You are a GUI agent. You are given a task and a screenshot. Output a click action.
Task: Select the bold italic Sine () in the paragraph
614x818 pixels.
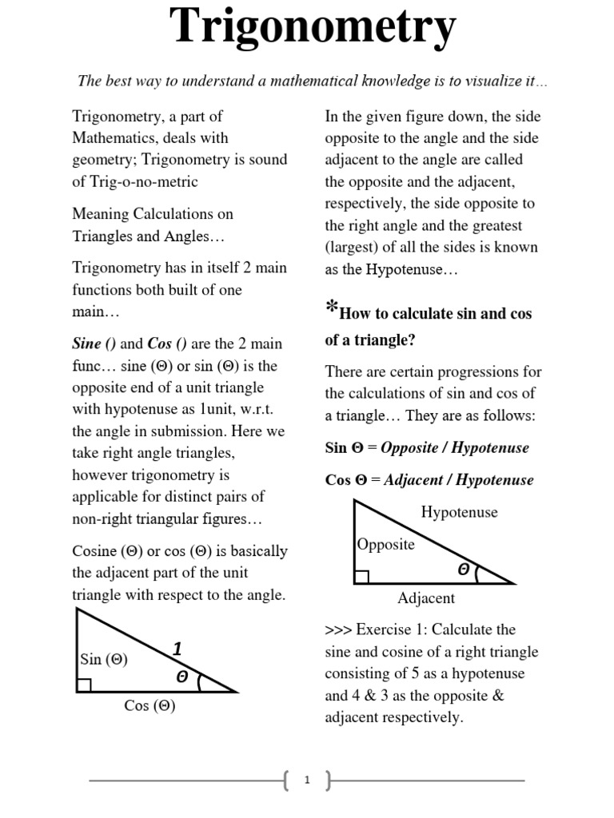tap(94, 344)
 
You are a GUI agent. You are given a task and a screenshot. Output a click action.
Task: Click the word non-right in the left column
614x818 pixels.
tap(101, 518)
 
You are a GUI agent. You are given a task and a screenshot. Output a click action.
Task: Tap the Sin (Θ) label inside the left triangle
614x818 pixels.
tap(104, 659)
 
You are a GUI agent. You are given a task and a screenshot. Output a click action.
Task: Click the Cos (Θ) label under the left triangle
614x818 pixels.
tap(150, 705)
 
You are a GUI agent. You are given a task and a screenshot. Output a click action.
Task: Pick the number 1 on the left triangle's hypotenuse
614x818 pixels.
tap(177, 649)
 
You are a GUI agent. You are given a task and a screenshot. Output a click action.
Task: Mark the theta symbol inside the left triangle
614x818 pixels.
tap(181, 677)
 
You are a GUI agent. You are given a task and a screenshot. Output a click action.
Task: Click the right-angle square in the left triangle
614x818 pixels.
tap(84, 685)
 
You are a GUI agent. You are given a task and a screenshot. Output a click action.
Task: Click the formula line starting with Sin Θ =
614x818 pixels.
tap(427, 447)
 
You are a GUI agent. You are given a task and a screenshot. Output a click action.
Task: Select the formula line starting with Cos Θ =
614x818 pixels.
tap(429, 480)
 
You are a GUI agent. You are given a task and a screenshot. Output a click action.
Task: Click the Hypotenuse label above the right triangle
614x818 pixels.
tap(459, 512)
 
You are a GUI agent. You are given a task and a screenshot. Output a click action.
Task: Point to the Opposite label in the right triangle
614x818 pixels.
tap(386, 544)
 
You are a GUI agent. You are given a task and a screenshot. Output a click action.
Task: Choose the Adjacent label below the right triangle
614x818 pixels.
tap(426, 598)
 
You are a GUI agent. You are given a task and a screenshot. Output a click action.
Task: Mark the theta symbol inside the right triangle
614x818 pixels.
tap(464, 569)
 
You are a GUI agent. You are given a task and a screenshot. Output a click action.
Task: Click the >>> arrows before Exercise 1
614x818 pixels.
tap(339, 629)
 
